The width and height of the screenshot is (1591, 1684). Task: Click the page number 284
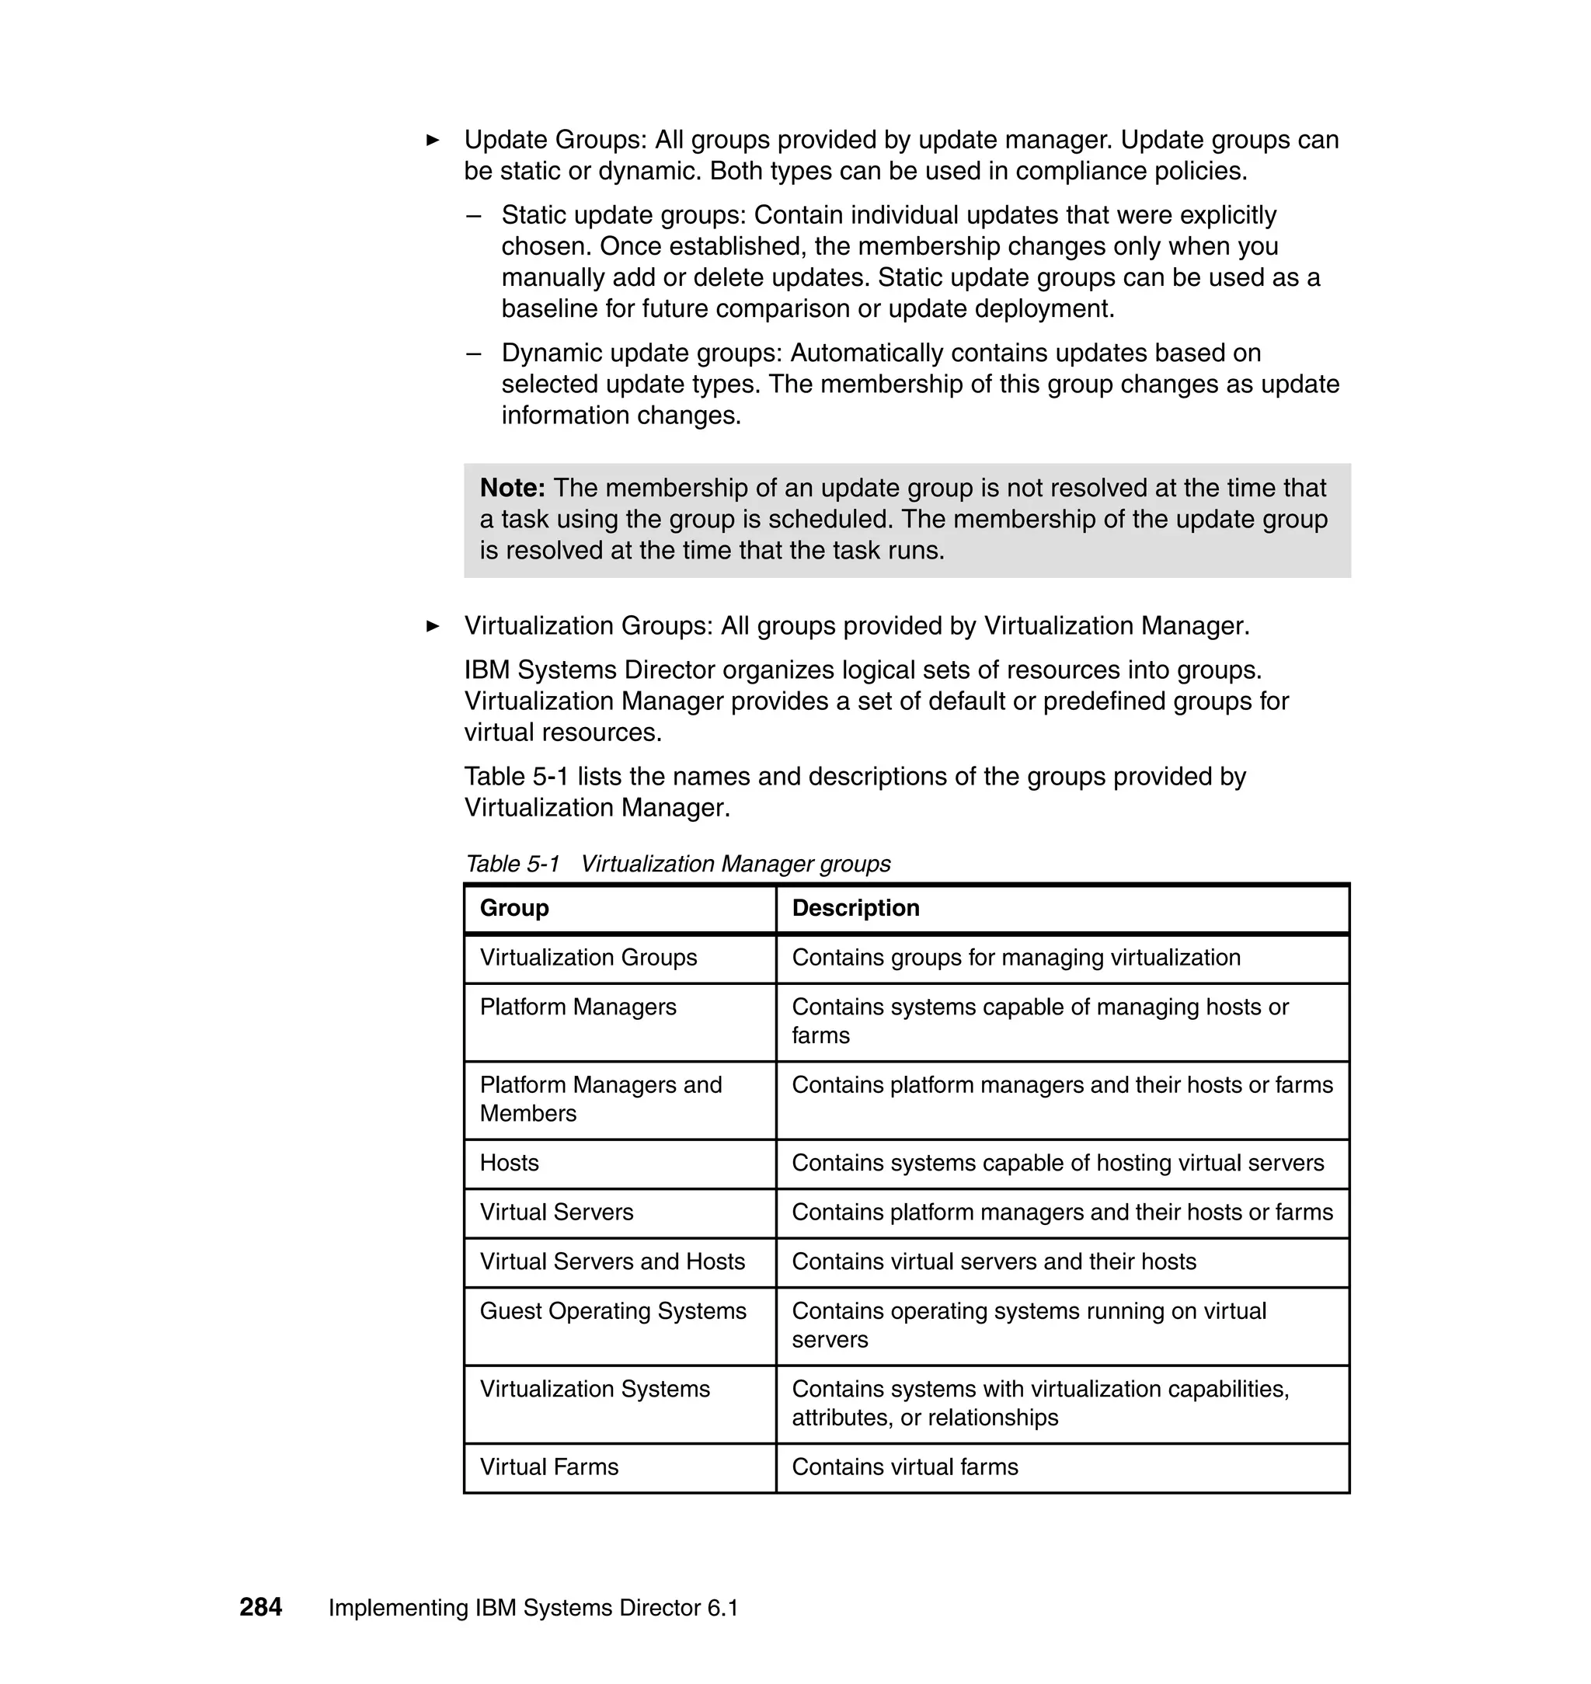260,1607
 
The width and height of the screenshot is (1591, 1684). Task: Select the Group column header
514,907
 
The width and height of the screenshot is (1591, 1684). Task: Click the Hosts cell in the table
509,1163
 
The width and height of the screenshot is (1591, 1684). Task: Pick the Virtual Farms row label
548,1467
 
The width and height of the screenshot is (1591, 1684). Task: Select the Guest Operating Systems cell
612,1311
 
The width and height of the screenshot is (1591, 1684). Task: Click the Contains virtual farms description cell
904,1467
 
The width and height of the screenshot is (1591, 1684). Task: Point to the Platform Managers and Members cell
601,1099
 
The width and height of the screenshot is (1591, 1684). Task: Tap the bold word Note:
512,488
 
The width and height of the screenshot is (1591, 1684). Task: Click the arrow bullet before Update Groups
433,140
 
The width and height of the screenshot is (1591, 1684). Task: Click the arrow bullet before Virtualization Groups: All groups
433,626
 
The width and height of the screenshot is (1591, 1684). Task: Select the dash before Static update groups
473,215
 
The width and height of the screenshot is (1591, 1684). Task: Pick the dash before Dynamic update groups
473,353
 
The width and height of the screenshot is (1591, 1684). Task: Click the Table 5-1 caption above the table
677,863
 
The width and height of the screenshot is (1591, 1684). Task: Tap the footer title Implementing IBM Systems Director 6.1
533,1608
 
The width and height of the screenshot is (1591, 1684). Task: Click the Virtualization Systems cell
594,1389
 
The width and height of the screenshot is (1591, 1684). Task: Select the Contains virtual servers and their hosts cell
993,1261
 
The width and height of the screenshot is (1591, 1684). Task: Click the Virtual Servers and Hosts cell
611,1261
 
